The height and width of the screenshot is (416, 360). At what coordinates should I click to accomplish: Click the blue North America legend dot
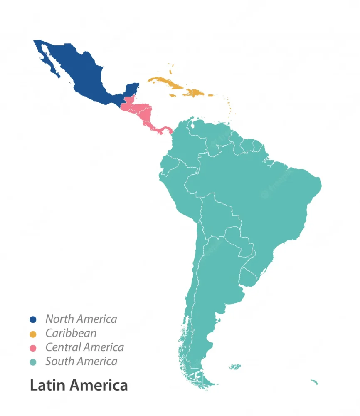tap(33, 319)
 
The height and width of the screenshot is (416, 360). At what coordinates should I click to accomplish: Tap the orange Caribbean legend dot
tap(33, 334)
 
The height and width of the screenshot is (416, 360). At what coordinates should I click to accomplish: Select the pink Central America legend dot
tap(33, 348)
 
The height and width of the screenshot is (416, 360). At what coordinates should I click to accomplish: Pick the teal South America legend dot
tap(33, 362)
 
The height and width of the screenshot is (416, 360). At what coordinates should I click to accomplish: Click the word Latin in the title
tap(46, 385)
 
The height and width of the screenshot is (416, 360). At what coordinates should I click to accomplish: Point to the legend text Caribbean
tap(71, 333)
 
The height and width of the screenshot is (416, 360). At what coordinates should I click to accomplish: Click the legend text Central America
tap(84, 347)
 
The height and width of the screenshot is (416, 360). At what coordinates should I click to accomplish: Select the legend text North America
tap(81, 319)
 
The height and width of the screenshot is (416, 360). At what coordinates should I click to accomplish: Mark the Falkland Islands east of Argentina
tap(235, 367)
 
